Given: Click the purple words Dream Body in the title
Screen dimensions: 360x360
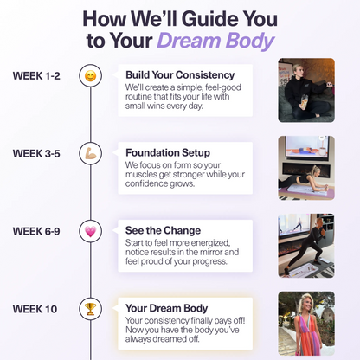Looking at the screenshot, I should (x=215, y=41).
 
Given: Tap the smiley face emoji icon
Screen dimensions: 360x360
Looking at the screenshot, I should (x=90, y=76).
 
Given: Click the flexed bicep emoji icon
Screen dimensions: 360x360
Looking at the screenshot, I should (x=90, y=154).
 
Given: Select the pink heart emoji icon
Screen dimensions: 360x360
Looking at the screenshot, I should (x=90, y=232).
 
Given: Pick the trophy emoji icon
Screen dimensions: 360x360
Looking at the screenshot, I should (x=90, y=309).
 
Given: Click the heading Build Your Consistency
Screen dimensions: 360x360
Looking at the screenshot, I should (x=179, y=74).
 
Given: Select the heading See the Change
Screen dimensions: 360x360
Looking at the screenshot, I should (x=163, y=230).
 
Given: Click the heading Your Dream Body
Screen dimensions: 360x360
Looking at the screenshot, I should (x=166, y=307).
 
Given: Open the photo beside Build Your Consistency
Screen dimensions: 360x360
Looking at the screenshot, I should (x=305, y=89).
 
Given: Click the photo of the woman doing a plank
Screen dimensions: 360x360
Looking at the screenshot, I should (x=305, y=168).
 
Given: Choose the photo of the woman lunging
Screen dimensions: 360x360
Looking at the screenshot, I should (x=305, y=245).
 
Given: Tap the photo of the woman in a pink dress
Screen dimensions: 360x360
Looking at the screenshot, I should (x=305, y=323).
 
